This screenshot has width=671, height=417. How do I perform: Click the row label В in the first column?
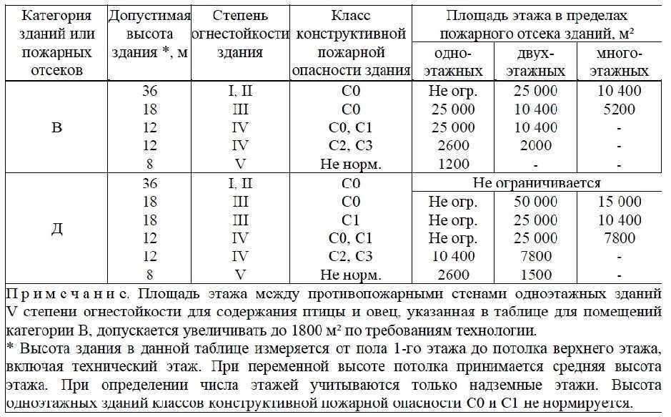(56, 128)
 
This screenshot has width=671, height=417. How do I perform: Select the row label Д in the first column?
(56, 229)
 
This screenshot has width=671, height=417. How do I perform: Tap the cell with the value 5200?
(619, 109)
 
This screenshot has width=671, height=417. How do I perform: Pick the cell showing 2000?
(536, 146)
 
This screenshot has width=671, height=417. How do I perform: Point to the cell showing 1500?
(536, 275)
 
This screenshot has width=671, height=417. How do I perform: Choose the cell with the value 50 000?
(536, 202)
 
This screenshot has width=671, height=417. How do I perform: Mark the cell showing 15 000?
(619, 202)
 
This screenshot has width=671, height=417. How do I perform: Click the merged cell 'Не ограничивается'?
(536, 183)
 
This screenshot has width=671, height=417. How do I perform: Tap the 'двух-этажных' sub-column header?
(536, 62)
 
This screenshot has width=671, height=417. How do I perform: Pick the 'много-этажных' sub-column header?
(619, 62)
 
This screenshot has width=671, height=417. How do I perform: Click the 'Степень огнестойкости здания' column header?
(240, 34)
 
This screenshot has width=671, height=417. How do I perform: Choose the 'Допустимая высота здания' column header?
(149, 34)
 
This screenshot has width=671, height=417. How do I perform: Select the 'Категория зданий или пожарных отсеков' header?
(56, 43)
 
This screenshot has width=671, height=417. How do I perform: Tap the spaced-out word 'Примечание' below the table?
(66, 294)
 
